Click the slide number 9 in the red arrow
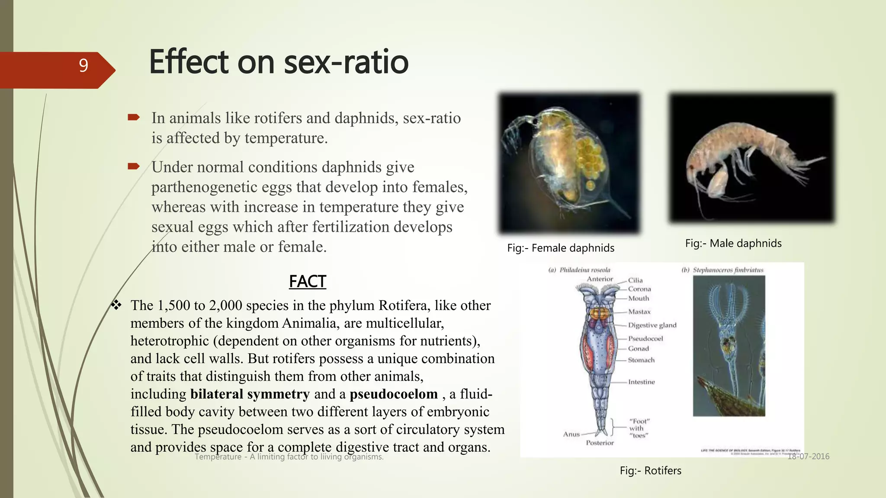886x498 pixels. (83, 66)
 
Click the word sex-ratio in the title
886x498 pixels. (346, 62)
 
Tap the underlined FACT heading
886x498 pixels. (307, 282)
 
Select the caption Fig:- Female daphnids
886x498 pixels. (561, 248)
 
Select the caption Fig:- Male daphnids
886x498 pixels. (733, 243)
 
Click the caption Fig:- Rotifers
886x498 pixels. (650, 471)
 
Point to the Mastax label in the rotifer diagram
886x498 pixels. (639, 312)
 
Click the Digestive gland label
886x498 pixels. (652, 325)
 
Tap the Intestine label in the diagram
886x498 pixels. (642, 382)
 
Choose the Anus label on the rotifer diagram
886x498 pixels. (571, 434)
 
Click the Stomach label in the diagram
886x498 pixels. (641, 360)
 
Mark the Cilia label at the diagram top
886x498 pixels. (636, 280)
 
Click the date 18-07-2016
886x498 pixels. (808, 456)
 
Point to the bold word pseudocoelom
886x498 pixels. (394, 394)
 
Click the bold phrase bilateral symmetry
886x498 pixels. (250, 394)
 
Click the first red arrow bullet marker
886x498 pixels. (134, 117)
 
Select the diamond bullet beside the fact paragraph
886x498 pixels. (116, 305)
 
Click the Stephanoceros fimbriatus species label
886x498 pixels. (728, 270)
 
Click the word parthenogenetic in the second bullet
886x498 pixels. (202, 187)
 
